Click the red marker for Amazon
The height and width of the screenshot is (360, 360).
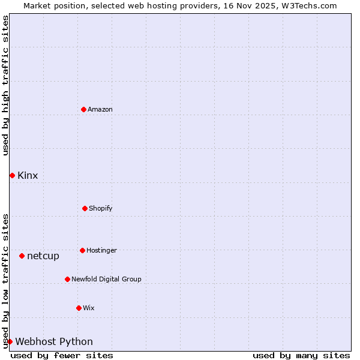[83, 109]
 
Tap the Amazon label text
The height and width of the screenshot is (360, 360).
[100, 109]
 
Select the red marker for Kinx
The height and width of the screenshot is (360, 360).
[12, 175]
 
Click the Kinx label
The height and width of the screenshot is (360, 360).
[28, 175]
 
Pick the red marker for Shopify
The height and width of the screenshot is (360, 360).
[85, 208]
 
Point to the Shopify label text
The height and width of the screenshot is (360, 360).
[100, 208]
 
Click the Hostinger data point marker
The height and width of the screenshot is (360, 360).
[82, 250]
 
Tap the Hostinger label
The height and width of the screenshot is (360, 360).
[101, 250]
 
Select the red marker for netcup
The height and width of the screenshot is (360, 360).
[22, 256]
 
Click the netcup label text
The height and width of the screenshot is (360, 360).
[43, 256]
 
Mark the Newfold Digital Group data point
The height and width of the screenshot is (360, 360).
[67, 279]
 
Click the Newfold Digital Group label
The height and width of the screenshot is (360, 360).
[106, 279]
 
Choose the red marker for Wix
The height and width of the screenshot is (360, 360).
[79, 308]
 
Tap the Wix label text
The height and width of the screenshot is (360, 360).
[88, 308]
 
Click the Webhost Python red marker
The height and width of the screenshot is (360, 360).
[10, 341]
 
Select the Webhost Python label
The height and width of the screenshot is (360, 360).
[54, 341]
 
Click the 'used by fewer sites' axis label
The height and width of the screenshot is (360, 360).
[62, 355]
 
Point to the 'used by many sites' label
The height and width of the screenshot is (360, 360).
[301, 355]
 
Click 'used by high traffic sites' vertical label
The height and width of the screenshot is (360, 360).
[5, 85]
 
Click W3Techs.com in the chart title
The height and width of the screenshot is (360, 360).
[308, 5]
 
